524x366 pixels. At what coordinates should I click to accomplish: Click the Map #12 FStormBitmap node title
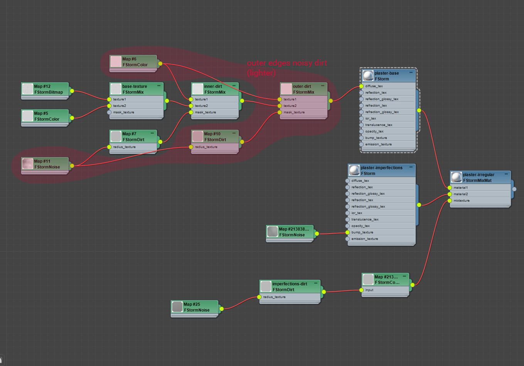(49, 89)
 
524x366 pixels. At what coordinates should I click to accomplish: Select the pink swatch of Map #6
(116, 62)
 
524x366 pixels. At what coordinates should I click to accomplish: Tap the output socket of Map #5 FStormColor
(72, 118)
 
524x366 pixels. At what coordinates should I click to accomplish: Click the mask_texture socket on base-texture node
(109, 112)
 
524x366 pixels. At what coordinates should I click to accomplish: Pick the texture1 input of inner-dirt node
(191, 100)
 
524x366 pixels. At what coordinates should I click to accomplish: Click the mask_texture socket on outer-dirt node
(280, 113)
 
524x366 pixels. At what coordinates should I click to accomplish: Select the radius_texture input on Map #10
(191, 147)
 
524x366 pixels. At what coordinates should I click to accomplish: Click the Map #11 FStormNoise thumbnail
(27, 164)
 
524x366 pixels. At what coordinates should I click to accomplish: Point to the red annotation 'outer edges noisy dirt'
(286, 63)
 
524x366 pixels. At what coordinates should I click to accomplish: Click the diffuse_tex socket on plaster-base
(361, 86)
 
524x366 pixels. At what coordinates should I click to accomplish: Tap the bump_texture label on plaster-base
(376, 138)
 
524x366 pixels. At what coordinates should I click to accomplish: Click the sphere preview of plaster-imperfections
(354, 170)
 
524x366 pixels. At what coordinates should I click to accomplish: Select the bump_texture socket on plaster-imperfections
(348, 233)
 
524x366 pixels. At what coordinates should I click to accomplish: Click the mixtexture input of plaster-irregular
(450, 201)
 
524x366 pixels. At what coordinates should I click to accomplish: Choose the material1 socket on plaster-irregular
(450, 188)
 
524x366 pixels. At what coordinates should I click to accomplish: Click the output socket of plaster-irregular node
(514, 189)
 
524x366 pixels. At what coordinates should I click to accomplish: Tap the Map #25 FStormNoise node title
(197, 307)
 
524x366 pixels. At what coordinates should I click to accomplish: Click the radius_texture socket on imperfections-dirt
(259, 297)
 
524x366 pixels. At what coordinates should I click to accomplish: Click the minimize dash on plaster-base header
(411, 73)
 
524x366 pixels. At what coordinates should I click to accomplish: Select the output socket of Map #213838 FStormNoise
(317, 234)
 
